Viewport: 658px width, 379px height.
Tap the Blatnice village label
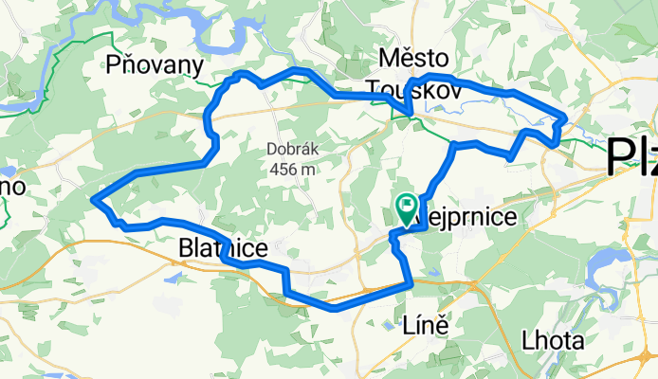click(222, 248)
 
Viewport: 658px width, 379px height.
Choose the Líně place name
click(414, 323)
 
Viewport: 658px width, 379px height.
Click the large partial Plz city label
click(631, 156)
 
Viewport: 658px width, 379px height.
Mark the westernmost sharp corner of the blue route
click(93, 199)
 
